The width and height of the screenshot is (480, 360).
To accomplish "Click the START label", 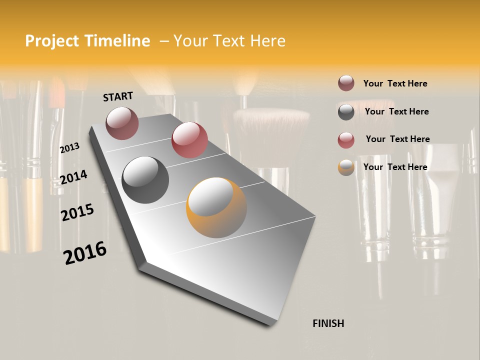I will (118, 96).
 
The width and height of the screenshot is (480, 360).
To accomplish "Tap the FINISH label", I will (328, 323).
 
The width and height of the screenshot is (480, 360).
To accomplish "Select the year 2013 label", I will (69, 148).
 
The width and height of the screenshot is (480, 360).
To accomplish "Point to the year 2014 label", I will (73, 177).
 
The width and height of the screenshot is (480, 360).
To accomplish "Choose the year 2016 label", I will (85, 252).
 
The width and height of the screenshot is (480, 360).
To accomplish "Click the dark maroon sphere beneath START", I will (122, 123).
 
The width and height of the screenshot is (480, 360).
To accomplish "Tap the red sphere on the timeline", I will (189, 139).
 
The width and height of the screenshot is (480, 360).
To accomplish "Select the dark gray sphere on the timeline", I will (145, 179).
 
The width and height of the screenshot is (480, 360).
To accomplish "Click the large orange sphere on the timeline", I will (216, 207).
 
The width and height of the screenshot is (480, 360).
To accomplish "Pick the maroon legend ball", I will (346, 83).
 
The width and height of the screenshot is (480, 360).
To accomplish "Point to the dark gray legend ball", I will (346, 112).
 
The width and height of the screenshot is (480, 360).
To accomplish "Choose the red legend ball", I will (346, 140).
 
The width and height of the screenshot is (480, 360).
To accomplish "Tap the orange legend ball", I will (346, 167).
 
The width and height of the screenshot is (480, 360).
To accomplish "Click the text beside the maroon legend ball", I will (395, 83).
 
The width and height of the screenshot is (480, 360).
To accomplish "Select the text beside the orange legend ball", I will (395, 167).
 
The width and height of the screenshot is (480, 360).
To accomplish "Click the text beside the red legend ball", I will (397, 139).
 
